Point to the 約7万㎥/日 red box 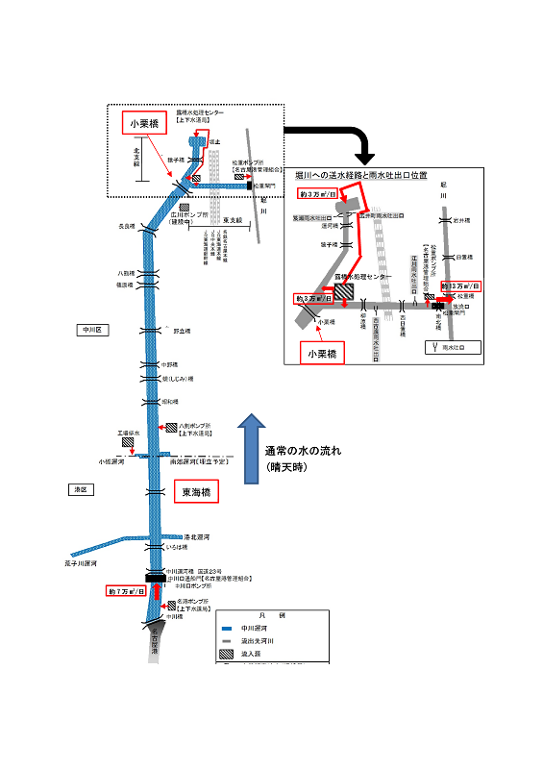click(127, 592)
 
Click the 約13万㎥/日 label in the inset click(459, 286)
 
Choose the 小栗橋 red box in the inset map click(321, 354)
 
